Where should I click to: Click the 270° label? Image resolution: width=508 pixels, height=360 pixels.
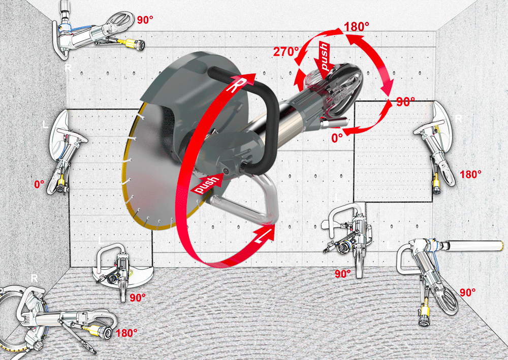[x=286, y=52]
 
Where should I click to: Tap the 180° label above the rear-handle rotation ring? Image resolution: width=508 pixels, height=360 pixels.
[x=356, y=27]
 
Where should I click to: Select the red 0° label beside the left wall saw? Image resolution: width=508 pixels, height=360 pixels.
[x=39, y=184]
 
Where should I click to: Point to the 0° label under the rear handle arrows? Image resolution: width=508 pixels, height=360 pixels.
[x=337, y=138]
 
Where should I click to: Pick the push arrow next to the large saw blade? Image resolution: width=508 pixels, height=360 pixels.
[x=206, y=184]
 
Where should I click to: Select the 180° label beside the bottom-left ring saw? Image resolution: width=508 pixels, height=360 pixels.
[x=126, y=333]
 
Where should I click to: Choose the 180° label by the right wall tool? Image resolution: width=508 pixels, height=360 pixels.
[x=470, y=175]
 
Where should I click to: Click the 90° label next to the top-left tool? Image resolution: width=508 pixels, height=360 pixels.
[x=145, y=20]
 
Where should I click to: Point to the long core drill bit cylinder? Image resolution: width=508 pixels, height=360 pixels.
[x=472, y=246]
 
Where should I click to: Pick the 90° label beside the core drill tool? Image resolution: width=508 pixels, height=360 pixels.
[x=467, y=292]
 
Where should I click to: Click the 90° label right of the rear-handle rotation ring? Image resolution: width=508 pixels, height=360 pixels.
[x=405, y=102]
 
